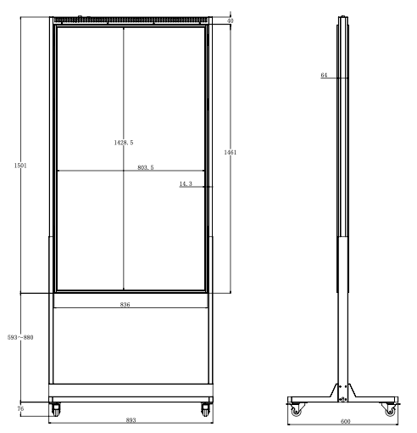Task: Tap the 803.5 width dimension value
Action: pyautogui.click(x=146, y=168)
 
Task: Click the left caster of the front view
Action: pyautogui.click(x=57, y=409)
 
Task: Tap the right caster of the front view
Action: pyautogui.click(x=205, y=409)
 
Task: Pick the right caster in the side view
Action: pyautogui.click(x=390, y=410)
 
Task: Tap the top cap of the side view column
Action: pyautogui.click(x=342, y=19)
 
